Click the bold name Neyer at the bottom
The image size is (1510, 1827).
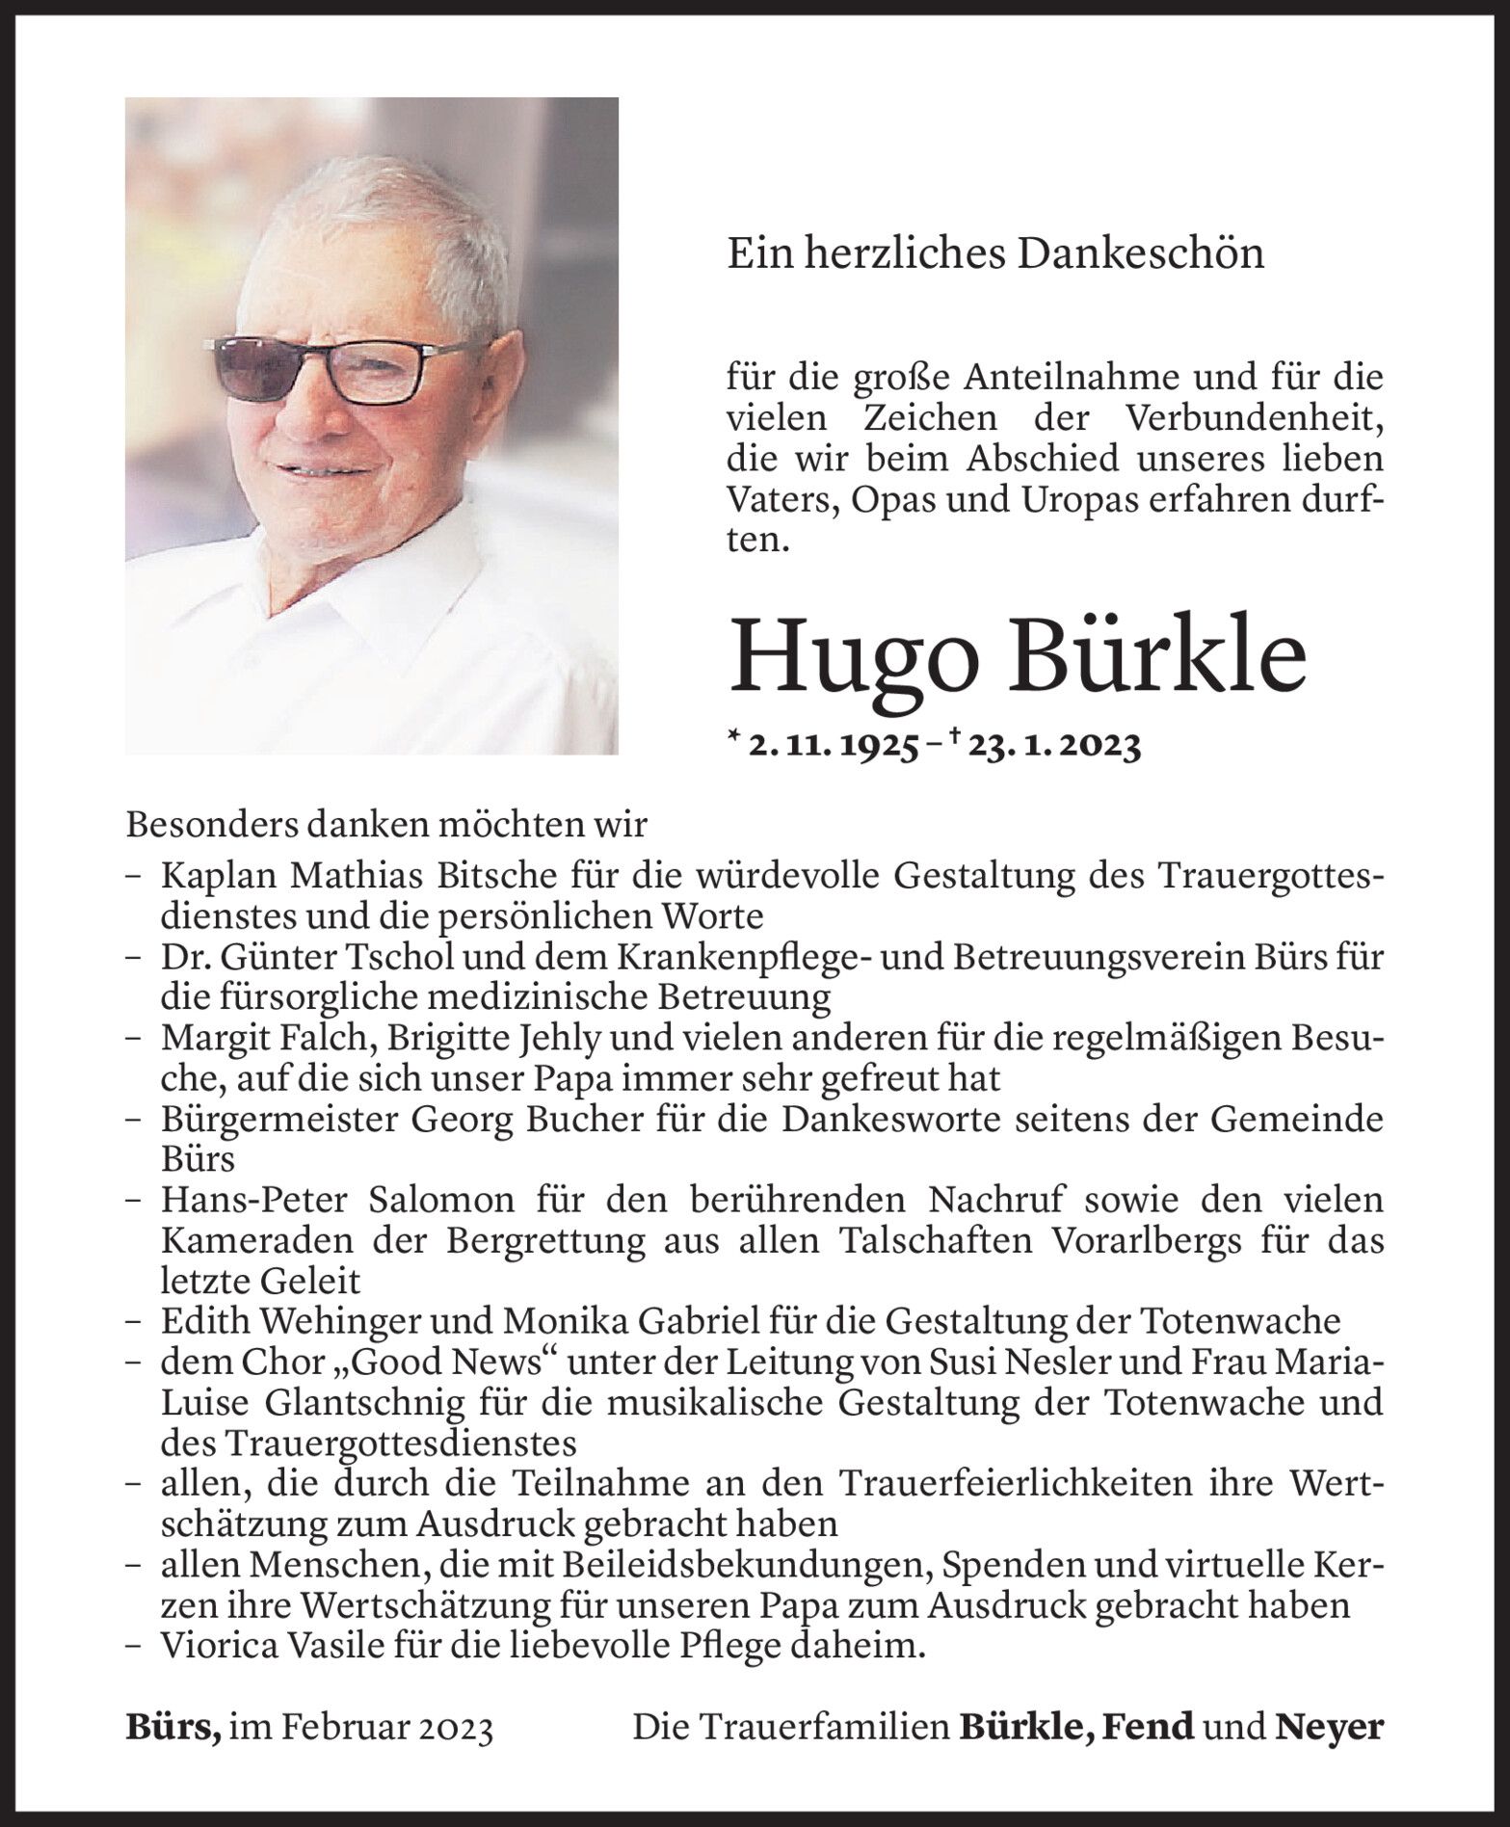pos(1330,1728)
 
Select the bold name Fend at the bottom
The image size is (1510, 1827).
pos(1147,1728)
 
